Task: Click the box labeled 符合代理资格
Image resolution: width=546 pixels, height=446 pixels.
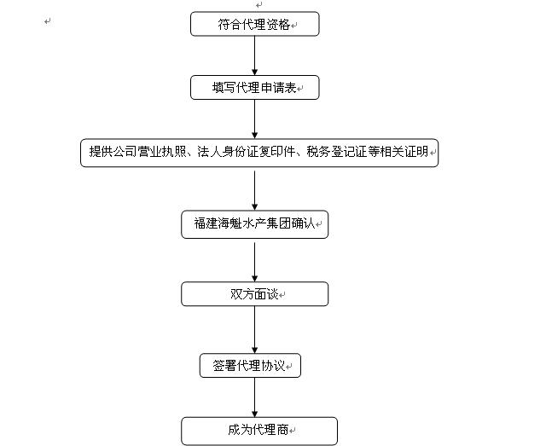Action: tap(254, 25)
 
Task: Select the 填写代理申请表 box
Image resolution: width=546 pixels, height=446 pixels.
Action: tap(254, 88)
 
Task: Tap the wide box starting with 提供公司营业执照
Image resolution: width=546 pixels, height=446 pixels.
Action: tap(259, 153)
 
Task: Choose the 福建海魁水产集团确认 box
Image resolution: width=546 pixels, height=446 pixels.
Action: tap(254, 224)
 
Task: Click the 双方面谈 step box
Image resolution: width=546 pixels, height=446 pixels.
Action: tap(254, 294)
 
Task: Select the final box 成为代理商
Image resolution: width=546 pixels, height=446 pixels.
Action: tap(258, 430)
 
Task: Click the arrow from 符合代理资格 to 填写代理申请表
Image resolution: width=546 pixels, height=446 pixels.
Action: tap(254, 56)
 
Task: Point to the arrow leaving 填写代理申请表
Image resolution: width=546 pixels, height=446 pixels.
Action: tap(254, 119)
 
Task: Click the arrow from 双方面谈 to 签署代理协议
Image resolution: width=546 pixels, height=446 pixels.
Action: tap(254, 329)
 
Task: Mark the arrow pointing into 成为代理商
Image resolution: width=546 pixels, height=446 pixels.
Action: tap(254, 397)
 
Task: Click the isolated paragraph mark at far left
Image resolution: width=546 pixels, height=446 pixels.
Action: tap(48, 20)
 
